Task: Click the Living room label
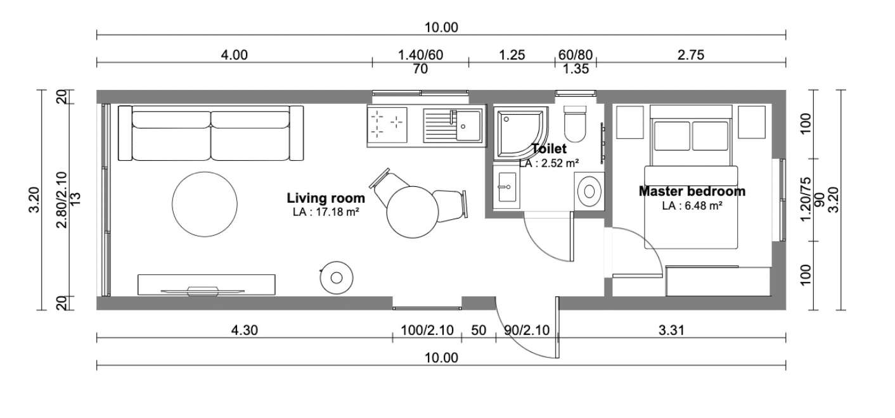click(x=326, y=198)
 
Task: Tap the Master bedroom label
click(x=692, y=191)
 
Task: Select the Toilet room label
click(x=549, y=148)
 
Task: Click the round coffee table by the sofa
click(x=205, y=204)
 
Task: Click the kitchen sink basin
click(x=468, y=126)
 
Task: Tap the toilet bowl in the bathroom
click(x=574, y=123)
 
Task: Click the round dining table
click(x=413, y=212)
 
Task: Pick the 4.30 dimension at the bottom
click(x=245, y=330)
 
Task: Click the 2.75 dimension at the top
click(x=691, y=54)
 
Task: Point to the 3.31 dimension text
click(x=672, y=330)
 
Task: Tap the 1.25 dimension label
click(x=512, y=54)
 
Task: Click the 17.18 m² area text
click(x=337, y=212)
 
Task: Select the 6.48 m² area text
click(x=703, y=206)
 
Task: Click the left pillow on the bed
click(x=672, y=136)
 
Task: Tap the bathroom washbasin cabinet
click(x=506, y=187)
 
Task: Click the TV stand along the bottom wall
click(x=206, y=284)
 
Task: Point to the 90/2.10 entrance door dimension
click(x=527, y=330)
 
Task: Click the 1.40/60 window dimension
click(x=420, y=54)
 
